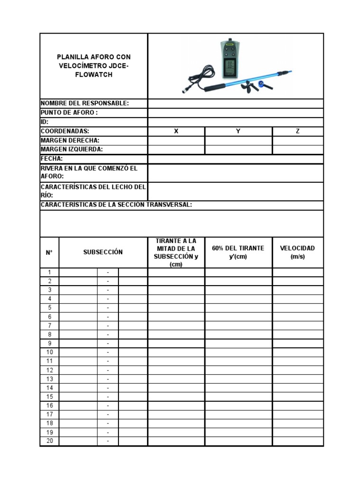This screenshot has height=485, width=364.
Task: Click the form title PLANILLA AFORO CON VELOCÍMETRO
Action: (93, 66)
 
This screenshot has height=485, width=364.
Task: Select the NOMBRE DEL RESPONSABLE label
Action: (85, 104)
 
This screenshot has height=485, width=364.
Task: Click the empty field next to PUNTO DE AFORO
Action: (236, 113)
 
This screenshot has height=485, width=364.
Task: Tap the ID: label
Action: (45, 122)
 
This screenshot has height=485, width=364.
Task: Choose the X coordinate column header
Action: (176, 131)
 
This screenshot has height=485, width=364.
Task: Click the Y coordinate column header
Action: (238, 131)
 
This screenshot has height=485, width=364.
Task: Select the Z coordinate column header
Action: (298, 131)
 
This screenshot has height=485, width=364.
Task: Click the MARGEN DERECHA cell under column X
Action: (176, 141)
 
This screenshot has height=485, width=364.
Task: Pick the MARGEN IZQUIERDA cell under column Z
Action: (298, 150)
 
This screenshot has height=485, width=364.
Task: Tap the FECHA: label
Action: (52, 159)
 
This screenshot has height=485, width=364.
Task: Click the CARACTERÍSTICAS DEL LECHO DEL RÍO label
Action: (93, 191)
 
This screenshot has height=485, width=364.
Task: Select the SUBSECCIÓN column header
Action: (103, 252)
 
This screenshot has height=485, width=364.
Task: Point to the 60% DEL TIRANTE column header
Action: (238, 252)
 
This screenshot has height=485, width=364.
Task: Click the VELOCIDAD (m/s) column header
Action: (298, 252)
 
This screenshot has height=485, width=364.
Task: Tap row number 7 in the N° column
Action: (49, 326)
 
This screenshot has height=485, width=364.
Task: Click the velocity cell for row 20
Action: (298, 441)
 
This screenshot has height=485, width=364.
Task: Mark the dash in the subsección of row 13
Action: (108, 379)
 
